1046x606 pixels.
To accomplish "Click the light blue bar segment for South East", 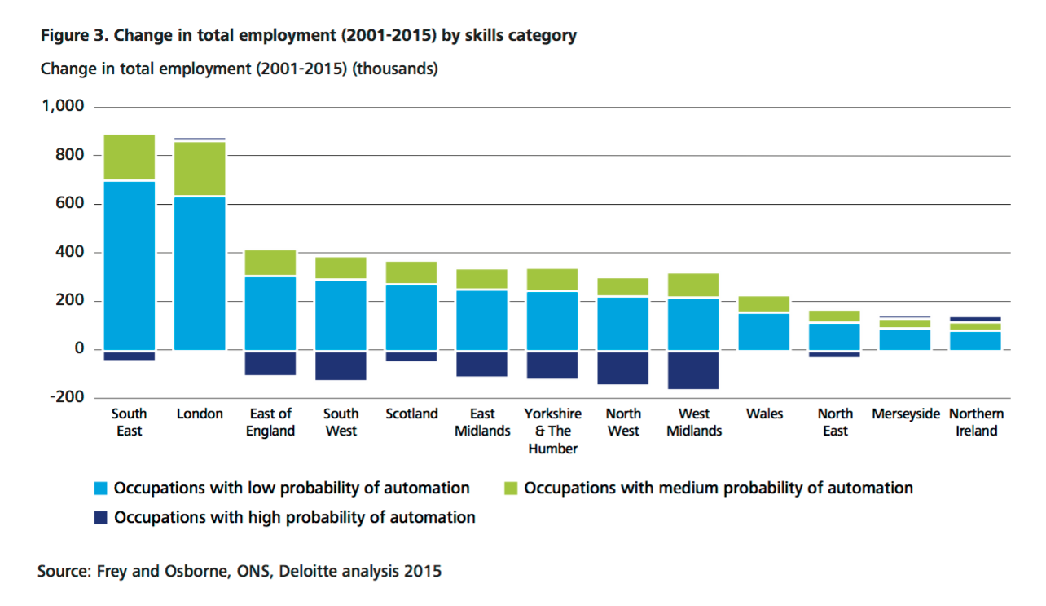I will pyautogui.click(x=129, y=265).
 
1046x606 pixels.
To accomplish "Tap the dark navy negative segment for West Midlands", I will pyautogui.click(x=693, y=370).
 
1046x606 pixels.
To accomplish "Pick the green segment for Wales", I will pyautogui.click(x=764, y=304).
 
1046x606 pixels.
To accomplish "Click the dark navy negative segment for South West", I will pyautogui.click(x=341, y=365).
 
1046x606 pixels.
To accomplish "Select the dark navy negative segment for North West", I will pyautogui.click(x=623, y=368).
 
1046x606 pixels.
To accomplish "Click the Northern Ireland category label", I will pyautogui.click(x=976, y=422).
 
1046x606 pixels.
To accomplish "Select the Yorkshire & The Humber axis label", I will pyautogui.click(x=552, y=431).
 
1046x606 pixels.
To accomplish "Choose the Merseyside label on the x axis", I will pyautogui.click(x=905, y=414).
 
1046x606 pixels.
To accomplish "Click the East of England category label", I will pyautogui.click(x=270, y=422).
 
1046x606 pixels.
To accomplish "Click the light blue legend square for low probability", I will pyautogui.click(x=100, y=489).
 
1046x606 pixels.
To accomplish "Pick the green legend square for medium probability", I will pyautogui.click(x=510, y=489).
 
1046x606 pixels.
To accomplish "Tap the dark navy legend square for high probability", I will pyautogui.click(x=100, y=518).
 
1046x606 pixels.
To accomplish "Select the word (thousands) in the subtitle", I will pyautogui.click(x=394, y=69).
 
